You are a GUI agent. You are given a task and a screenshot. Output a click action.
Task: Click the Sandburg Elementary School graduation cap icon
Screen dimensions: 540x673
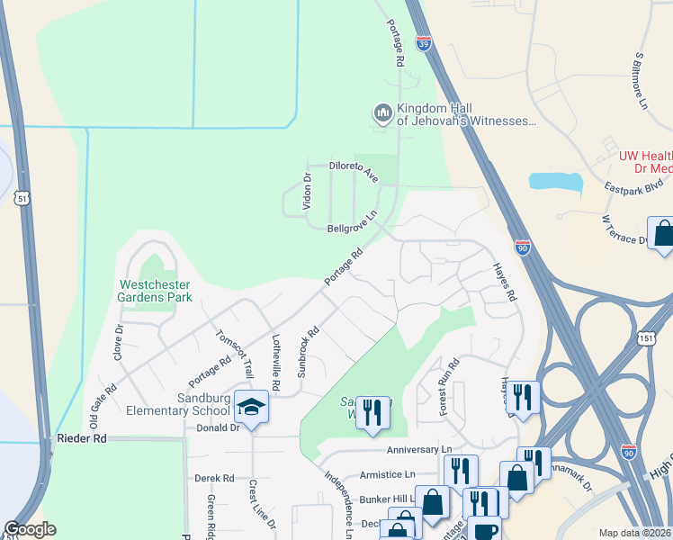pos(251,408)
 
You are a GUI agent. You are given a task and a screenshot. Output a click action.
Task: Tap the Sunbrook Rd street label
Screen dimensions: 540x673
pos(309,348)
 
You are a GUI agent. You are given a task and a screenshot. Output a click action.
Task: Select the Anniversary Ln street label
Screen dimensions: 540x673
pos(419,449)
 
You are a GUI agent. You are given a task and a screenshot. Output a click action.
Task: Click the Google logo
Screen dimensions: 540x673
pos(30,529)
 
